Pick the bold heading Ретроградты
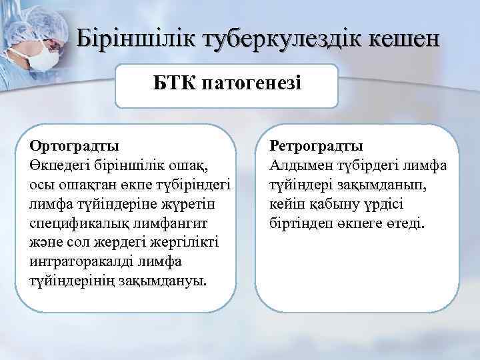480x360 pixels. tap(316, 145)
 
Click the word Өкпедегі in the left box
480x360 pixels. tap(56, 163)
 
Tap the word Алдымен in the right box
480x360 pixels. tap(300, 163)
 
